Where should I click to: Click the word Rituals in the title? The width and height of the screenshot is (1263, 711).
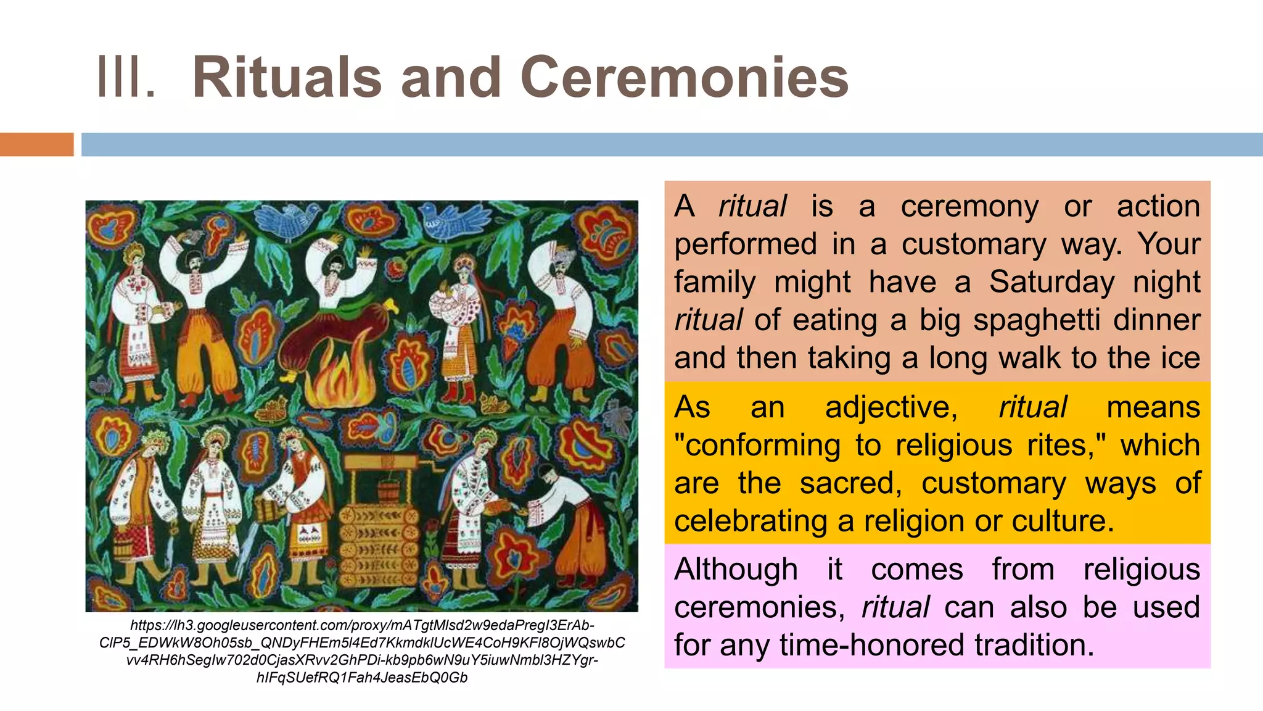pyautogui.click(x=287, y=78)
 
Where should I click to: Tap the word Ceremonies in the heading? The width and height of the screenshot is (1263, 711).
pyautogui.click(x=685, y=78)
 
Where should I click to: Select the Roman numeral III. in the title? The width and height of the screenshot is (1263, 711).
pyautogui.click(x=126, y=78)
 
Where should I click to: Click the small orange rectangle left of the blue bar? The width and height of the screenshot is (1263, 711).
pyautogui.click(x=36, y=144)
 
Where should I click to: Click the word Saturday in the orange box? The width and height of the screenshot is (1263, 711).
pyautogui.click(x=1052, y=282)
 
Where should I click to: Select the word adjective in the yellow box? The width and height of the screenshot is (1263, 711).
pyautogui.click(x=891, y=408)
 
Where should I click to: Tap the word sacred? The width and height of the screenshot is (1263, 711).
pyautogui.click(x=851, y=483)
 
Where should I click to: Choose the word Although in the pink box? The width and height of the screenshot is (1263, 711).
pyautogui.click(x=736, y=569)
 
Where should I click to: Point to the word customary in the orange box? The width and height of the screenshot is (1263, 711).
pyautogui.click(x=974, y=244)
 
